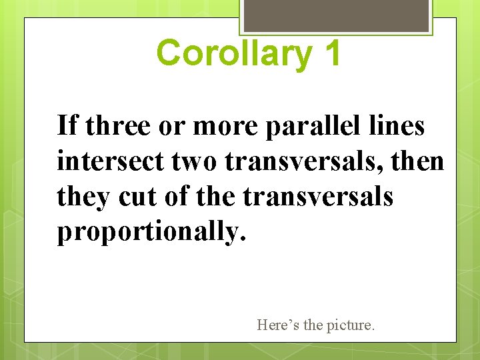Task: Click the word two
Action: tap(188, 161)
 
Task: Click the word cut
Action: tap(138, 197)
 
